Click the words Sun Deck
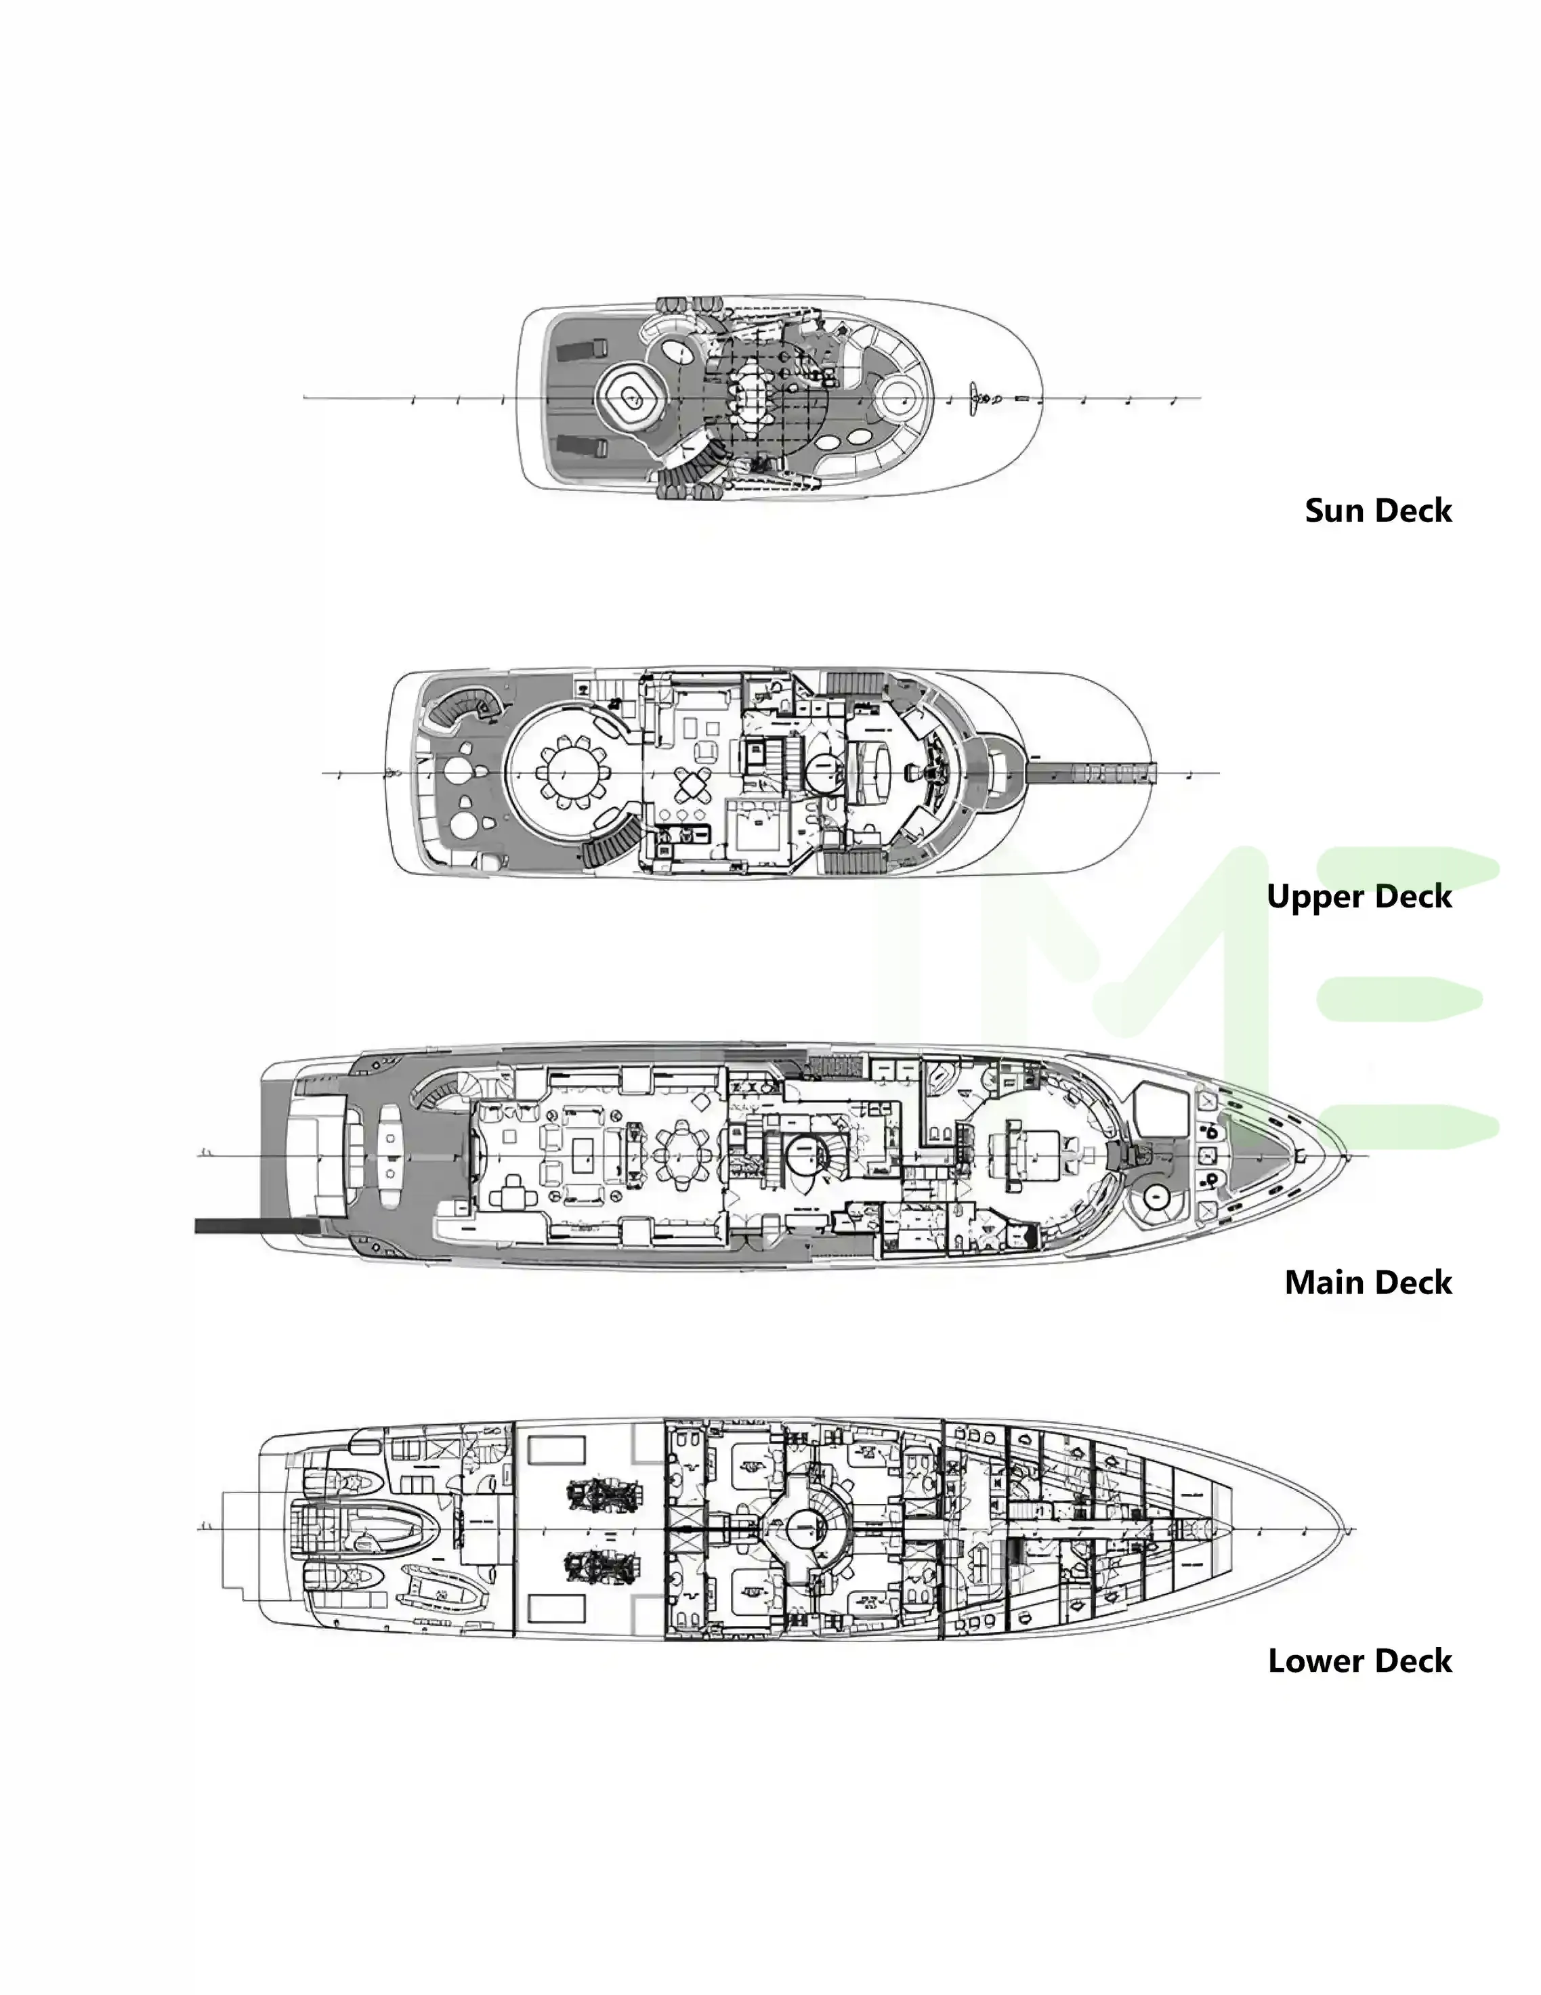coord(1378,511)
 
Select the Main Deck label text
coord(1368,1283)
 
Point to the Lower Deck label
coord(1359,1660)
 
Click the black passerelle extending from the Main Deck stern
coord(256,1226)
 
